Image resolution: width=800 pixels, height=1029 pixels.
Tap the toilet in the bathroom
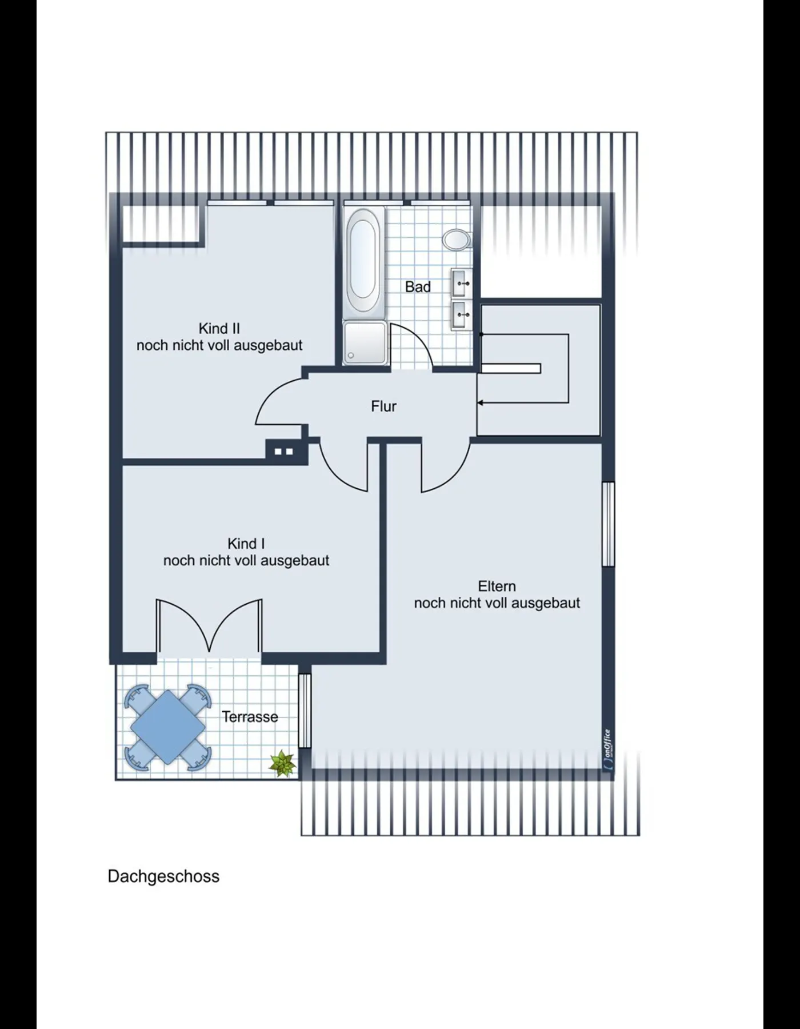point(456,240)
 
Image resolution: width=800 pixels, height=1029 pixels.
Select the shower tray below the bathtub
point(365,342)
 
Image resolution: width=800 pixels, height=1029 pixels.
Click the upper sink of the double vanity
point(462,284)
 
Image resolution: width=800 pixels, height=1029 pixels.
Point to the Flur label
point(383,406)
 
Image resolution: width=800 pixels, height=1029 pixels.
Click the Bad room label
point(418,287)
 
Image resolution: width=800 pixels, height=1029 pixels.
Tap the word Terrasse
point(250,717)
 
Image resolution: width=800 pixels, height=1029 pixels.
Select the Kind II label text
point(219,329)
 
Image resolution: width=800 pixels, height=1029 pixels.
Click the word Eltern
point(497,587)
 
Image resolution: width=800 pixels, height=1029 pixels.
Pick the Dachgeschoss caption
point(163,876)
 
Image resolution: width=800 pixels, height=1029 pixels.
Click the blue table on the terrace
point(168,727)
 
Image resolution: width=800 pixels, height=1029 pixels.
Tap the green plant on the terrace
point(282,763)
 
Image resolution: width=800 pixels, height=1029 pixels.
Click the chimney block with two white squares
point(284,451)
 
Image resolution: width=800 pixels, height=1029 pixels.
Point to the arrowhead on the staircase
point(481,403)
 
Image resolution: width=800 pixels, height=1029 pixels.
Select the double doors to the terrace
point(209,626)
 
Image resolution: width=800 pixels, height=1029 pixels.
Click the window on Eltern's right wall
point(609,524)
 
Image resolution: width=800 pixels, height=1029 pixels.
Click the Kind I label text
point(246,544)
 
